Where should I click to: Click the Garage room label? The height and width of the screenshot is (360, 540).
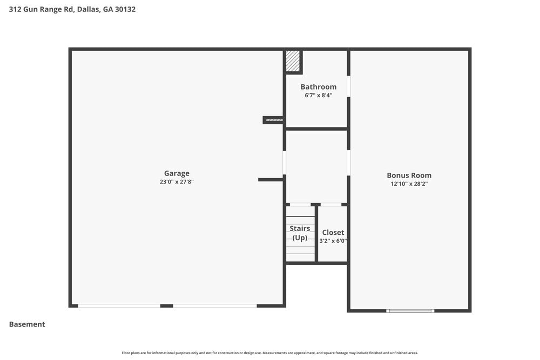click(177, 173)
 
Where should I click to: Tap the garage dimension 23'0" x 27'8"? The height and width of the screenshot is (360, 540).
click(177, 182)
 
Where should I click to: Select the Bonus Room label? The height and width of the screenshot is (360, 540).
click(409, 175)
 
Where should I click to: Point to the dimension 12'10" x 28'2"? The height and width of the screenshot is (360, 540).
click(409, 184)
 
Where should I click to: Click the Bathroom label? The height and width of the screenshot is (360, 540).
click(318, 87)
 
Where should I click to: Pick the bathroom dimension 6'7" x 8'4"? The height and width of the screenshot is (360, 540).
click(318, 95)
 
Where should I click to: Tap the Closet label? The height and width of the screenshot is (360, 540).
click(333, 233)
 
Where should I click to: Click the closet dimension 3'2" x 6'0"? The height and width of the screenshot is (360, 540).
click(333, 241)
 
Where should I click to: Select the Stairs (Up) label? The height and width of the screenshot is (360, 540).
click(300, 233)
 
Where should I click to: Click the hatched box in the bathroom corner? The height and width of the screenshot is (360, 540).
click(293, 60)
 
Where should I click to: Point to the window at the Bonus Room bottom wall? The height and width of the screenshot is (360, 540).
click(410, 310)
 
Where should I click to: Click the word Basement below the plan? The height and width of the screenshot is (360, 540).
click(27, 324)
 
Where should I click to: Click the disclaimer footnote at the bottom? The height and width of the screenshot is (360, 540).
click(270, 353)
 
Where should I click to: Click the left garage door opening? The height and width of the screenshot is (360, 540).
click(119, 306)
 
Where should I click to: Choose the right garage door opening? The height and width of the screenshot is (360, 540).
click(215, 306)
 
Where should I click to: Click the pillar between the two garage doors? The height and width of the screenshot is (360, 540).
click(166, 306)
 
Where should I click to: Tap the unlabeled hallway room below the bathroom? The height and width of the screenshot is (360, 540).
click(316, 166)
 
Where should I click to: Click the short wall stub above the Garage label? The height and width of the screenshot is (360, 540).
click(273, 120)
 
